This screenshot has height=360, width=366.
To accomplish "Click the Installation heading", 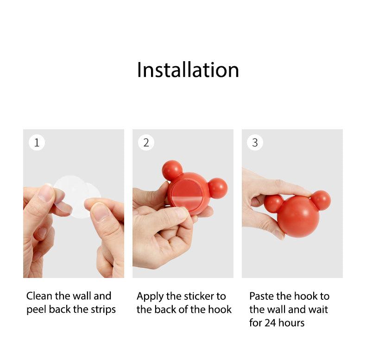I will [x=188, y=70].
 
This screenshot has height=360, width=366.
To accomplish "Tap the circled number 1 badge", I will [x=37, y=143].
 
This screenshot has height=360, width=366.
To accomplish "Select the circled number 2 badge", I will [x=146, y=143].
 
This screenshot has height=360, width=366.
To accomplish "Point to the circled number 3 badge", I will [x=255, y=143].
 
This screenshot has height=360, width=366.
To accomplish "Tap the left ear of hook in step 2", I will [x=172, y=170].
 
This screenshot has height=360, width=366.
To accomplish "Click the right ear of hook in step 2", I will [x=218, y=188].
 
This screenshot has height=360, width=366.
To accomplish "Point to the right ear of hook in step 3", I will [x=321, y=200].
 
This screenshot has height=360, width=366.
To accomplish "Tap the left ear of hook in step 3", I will [x=274, y=203].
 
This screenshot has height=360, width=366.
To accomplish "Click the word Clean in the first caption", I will [x=39, y=296].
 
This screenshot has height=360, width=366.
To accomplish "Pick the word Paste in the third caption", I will [x=262, y=296].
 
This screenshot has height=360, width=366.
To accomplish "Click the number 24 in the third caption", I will [x=271, y=323].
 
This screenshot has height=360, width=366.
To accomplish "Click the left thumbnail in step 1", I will [x=46, y=193].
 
